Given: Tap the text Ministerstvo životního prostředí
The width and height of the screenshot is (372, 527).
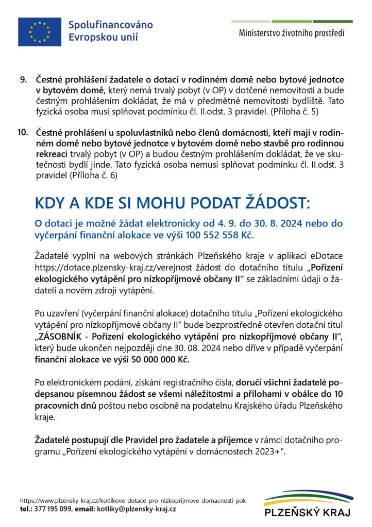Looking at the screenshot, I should [x=292, y=33].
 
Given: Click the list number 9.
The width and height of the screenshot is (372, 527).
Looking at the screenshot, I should [x=23, y=80].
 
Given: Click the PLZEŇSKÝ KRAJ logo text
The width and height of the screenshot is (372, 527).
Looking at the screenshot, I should [x=307, y=513].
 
